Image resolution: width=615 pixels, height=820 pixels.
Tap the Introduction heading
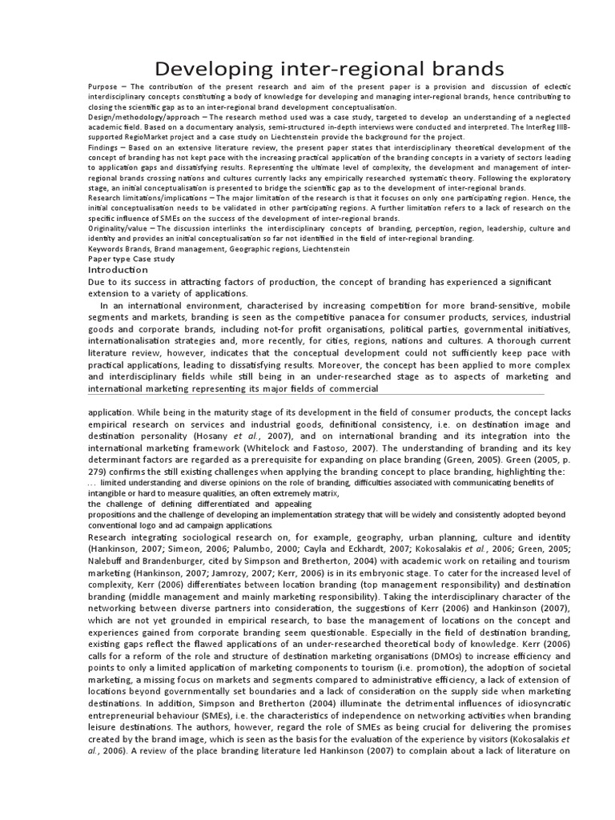point(118,271)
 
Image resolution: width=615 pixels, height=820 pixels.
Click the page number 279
point(97,472)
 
